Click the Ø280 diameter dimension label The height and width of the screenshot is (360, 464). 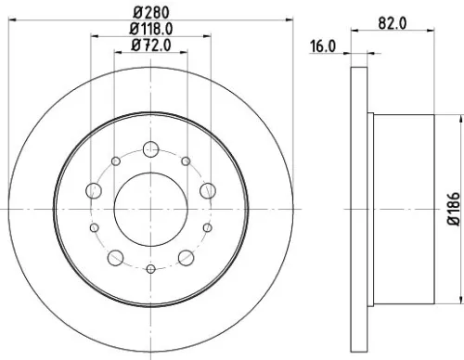149,11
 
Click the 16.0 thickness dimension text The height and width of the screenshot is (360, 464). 323,45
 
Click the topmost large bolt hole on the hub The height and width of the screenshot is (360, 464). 149,148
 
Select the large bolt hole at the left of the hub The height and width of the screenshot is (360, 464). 93,190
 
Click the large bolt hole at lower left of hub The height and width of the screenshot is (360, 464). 113,257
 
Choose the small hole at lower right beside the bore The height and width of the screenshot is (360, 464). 207,226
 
